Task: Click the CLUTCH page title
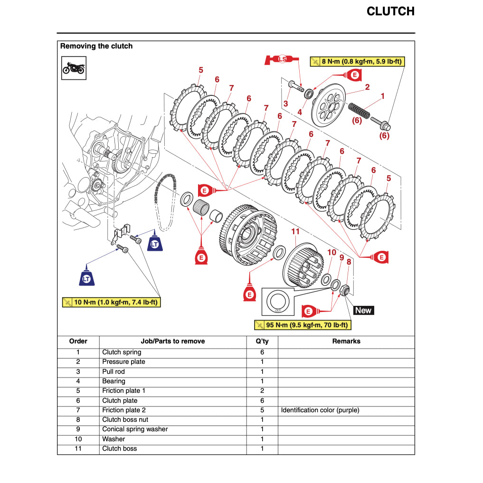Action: click(x=390, y=11)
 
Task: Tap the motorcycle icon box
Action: click(x=74, y=68)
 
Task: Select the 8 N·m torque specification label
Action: click(x=357, y=61)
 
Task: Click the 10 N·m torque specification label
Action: click(x=111, y=302)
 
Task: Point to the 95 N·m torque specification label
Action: click(x=303, y=325)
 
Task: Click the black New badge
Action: click(x=363, y=311)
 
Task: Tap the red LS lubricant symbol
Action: click(x=282, y=59)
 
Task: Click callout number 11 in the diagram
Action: click(x=295, y=231)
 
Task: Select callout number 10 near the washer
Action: click(x=331, y=252)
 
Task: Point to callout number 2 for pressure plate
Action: click(x=367, y=87)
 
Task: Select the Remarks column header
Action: click(x=346, y=341)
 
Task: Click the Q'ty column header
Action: click(x=262, y=341)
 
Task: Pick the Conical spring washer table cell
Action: click(x=135, y=429)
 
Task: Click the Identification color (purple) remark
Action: click(x=320, y=410)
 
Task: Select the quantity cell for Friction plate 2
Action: click(x=262, y=410)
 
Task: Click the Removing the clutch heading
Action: click(x=96, y=46)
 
